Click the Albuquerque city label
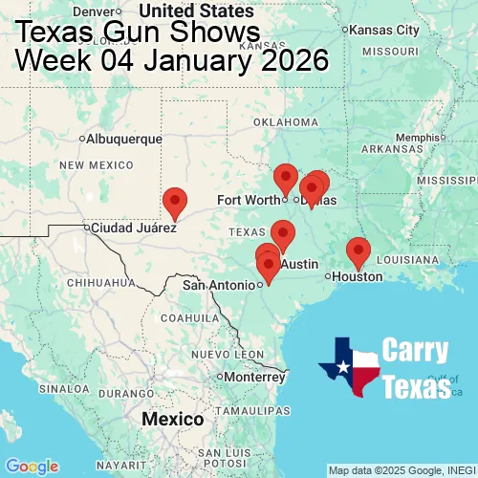124,139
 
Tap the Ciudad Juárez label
134,228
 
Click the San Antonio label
219,285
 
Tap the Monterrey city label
255,377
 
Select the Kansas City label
386,30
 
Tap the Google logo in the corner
31,466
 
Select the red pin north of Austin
282,233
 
